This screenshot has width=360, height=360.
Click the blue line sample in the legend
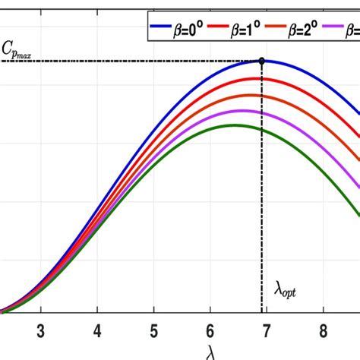click(x=157, y=30)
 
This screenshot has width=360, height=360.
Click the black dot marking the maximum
click(x=262, y=61)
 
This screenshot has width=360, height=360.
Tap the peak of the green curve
click(x=232, y=125)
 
